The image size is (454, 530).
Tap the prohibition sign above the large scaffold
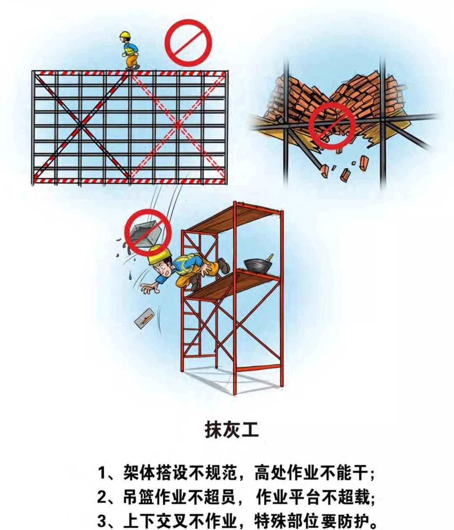coord(187,42)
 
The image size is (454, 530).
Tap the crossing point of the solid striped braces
coord(81,125)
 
